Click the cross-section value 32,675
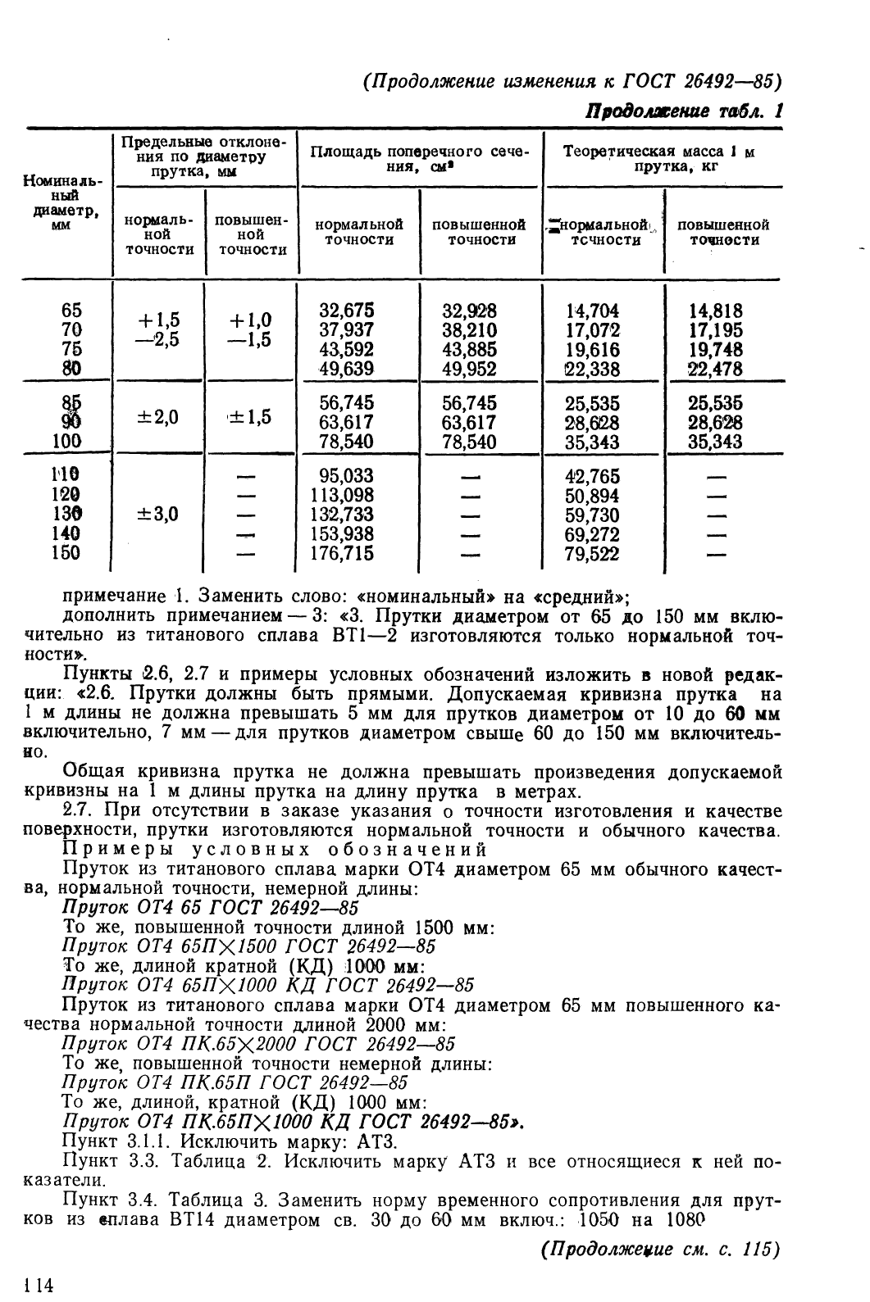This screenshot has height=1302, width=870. click(346, 311)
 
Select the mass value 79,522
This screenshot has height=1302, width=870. click(592, 554)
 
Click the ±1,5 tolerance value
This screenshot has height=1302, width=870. click(251, 417)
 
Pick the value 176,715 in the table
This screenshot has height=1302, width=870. click(343, 554)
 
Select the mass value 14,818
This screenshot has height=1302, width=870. click(716, 311)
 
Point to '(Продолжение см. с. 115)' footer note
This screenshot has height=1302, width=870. click(658, 1250)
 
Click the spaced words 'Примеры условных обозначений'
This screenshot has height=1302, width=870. click(276, 849)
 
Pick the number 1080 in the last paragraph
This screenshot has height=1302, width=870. click(683, 1219)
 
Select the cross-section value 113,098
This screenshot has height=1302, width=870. click(343, 495)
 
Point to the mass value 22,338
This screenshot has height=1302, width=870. click(592, 370)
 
